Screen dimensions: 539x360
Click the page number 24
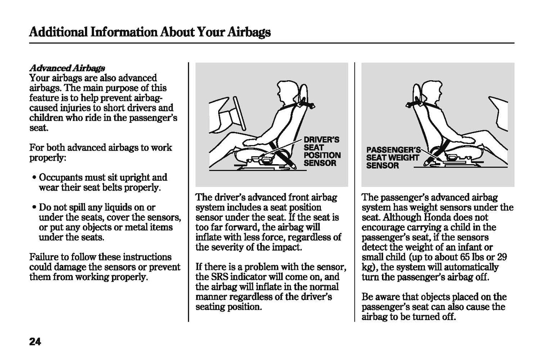[35, 342]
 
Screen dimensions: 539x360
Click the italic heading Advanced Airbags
[67, 68]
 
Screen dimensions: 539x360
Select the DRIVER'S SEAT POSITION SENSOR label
[322, 151]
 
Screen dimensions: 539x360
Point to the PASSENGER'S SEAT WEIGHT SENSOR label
[394, 158]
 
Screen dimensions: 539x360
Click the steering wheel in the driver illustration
[240, 113]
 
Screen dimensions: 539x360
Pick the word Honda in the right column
[437, 217]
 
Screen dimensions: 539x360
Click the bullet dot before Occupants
[34, 178]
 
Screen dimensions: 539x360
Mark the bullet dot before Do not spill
[34, 207]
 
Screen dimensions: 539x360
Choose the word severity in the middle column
[225, 247]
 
